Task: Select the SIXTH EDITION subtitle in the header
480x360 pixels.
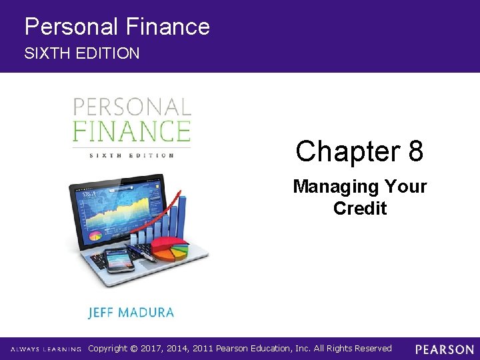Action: click(82, 53)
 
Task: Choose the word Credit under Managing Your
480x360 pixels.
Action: click(360, 208)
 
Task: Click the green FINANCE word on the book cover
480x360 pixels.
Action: click(131, 130)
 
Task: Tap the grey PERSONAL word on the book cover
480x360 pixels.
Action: click(131, 107)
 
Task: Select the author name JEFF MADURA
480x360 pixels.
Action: click(131, 312)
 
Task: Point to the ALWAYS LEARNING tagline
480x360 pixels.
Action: click(45, 349)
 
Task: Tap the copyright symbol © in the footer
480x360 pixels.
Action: click(133, 349)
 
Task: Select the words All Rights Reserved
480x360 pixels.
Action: click(355, 349)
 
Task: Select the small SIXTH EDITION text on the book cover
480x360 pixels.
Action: click(131, 155)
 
